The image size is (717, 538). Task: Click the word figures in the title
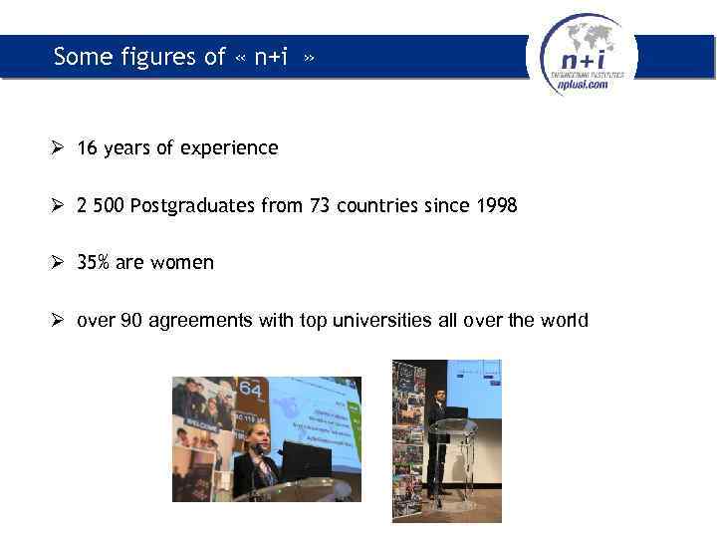pyautogui.click(x=189, y=57)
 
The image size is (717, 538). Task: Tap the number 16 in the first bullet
pyautogui.click(x=87, y=148)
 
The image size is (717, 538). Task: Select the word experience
pyautogui.click(x=233, y=148)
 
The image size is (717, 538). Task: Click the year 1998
pyautogui.click(x=495, y=206)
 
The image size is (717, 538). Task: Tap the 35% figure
pyautogui.click(x=94, y=263)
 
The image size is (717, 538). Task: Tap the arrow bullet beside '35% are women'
pyautogui.click(x=60, y=263)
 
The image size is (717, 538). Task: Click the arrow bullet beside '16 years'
pyautogui.click(x=60, y=148)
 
